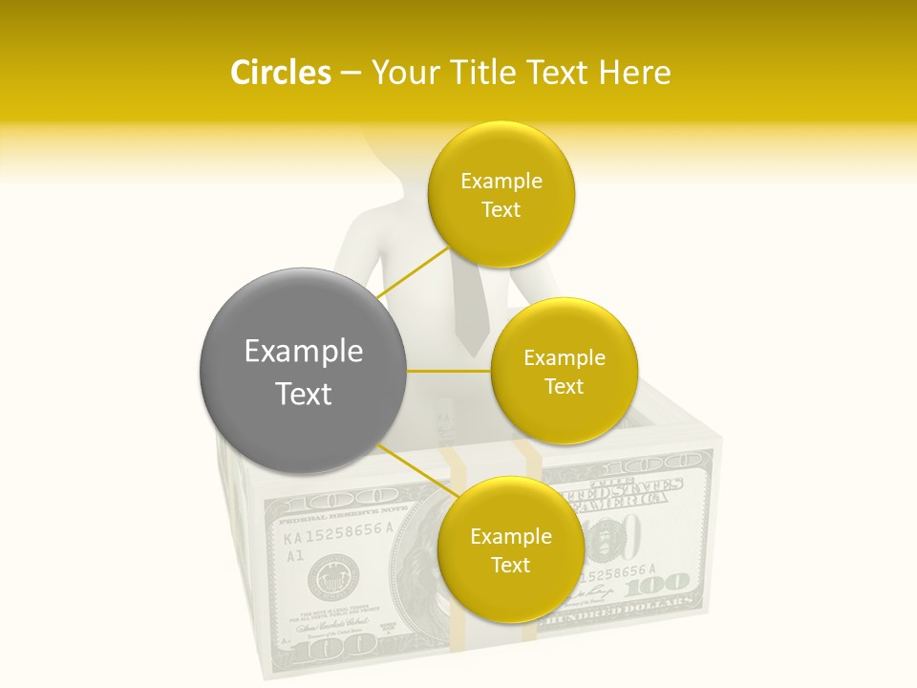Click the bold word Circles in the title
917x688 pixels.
coord(280,73)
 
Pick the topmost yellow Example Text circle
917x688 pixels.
coord(501,195)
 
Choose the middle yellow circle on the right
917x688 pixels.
coord(565,372)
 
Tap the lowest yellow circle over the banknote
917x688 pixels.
coord(510,550)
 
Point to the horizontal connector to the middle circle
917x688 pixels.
coord(449,371)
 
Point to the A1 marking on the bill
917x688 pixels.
coord(295,554)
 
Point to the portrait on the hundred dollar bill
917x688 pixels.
coord(420,583)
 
